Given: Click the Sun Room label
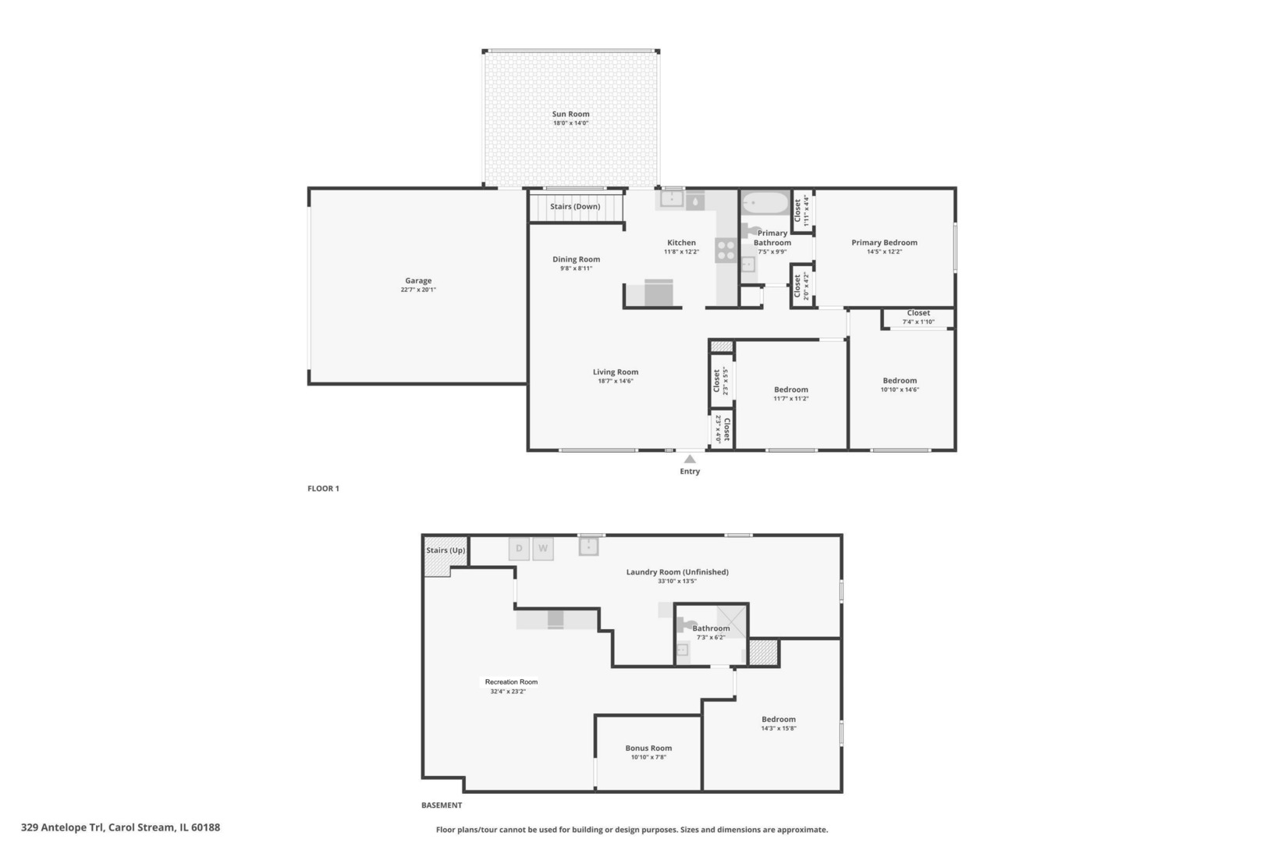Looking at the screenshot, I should pyautogui.click(x=570, y=114).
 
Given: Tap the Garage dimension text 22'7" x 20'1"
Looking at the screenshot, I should pyautogui.click(x=418, y=290).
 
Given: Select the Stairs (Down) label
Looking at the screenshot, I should pyautogui.click(x=575, y=207).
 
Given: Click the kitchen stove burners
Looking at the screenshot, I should pyautogui.click(x=726, y=250).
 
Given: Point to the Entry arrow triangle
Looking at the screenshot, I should pyautogui.click(x=690, y=460).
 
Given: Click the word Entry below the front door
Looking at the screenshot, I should pyautogui.click(x=690, y=471).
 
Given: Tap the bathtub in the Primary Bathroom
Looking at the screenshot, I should pyautogui.click(x=765, y=205).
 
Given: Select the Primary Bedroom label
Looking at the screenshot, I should pyautogui.click(x=884, y=243).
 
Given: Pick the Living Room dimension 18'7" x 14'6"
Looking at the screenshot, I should pyautogui.click(x=615, y=382).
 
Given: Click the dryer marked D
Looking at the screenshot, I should pyautogui.click(x=519, y=549).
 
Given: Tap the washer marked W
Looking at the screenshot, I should pyautogui.click(x=543, y=549).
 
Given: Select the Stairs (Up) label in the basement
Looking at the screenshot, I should pyautogui.click(x=446, y=550).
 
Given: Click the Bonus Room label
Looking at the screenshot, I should pyautogui.click(x=648, y=748).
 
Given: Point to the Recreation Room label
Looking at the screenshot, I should pyautogui.click(x=511, y=682).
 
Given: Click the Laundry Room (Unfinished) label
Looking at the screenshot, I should pyautogui.click(x=677, y=572).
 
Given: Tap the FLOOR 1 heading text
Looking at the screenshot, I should pyautogui.click(x=323, y=489).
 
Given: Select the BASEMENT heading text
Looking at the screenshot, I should pyautogui.click(x=442, y=806).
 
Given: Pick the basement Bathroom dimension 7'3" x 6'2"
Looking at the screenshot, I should pyautogui.click(x=711, y=638).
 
